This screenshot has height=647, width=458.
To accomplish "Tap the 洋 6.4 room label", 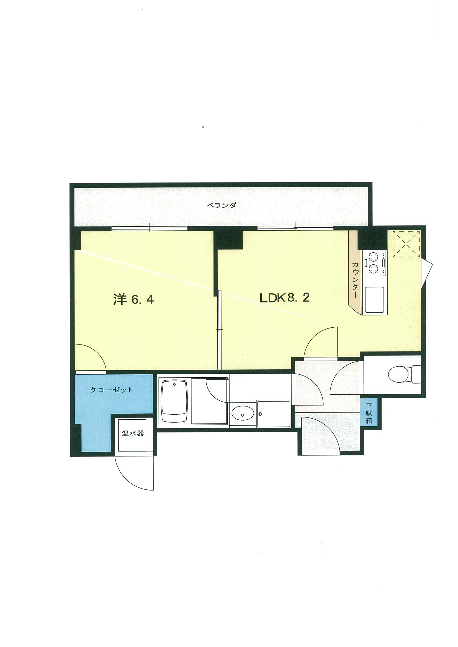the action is tap(133, 299).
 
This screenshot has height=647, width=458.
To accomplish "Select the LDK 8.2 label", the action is tap(284, 298).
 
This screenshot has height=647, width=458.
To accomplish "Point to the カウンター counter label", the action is tap(355, 280).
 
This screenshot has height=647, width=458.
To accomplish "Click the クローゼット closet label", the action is tap(112, 390).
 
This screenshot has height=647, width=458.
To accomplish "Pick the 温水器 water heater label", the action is tap(133, 433).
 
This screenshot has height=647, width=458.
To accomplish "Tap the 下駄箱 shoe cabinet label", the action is tap(369, 413).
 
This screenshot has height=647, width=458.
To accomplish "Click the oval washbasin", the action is tap(242, 414).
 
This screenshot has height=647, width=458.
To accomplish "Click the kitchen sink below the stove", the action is tap(374, 300).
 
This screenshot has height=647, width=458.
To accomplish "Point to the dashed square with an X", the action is tap(407, 244).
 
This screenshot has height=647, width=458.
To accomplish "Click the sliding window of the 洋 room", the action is tap(149, 228).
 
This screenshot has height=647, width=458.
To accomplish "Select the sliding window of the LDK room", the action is tap(295, 228).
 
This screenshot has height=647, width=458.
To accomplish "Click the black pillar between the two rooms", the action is tap(228, 240).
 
